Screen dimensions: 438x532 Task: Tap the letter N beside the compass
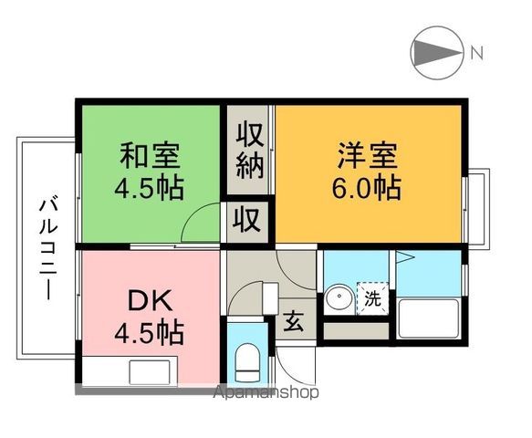477,52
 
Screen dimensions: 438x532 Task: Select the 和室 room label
150,156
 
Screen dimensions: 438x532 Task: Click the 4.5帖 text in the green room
150,188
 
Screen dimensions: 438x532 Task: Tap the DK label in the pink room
150,301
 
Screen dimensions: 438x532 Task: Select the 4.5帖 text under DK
150,332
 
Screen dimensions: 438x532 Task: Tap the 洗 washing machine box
371,298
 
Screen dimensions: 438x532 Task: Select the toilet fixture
247,361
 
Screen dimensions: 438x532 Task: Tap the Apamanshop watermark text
266,393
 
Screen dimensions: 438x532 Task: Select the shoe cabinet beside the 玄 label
269,297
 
